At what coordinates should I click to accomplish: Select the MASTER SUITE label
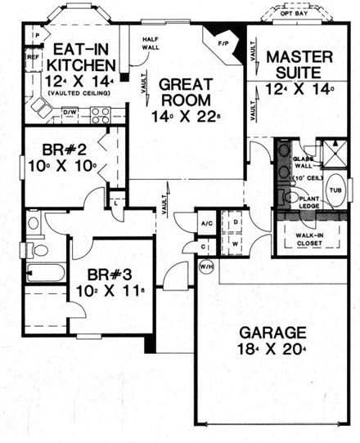[x=299, y=65]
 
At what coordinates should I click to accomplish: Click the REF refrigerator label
[x=32, y=58]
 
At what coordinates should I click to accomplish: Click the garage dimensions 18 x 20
[x=273, y=352]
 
